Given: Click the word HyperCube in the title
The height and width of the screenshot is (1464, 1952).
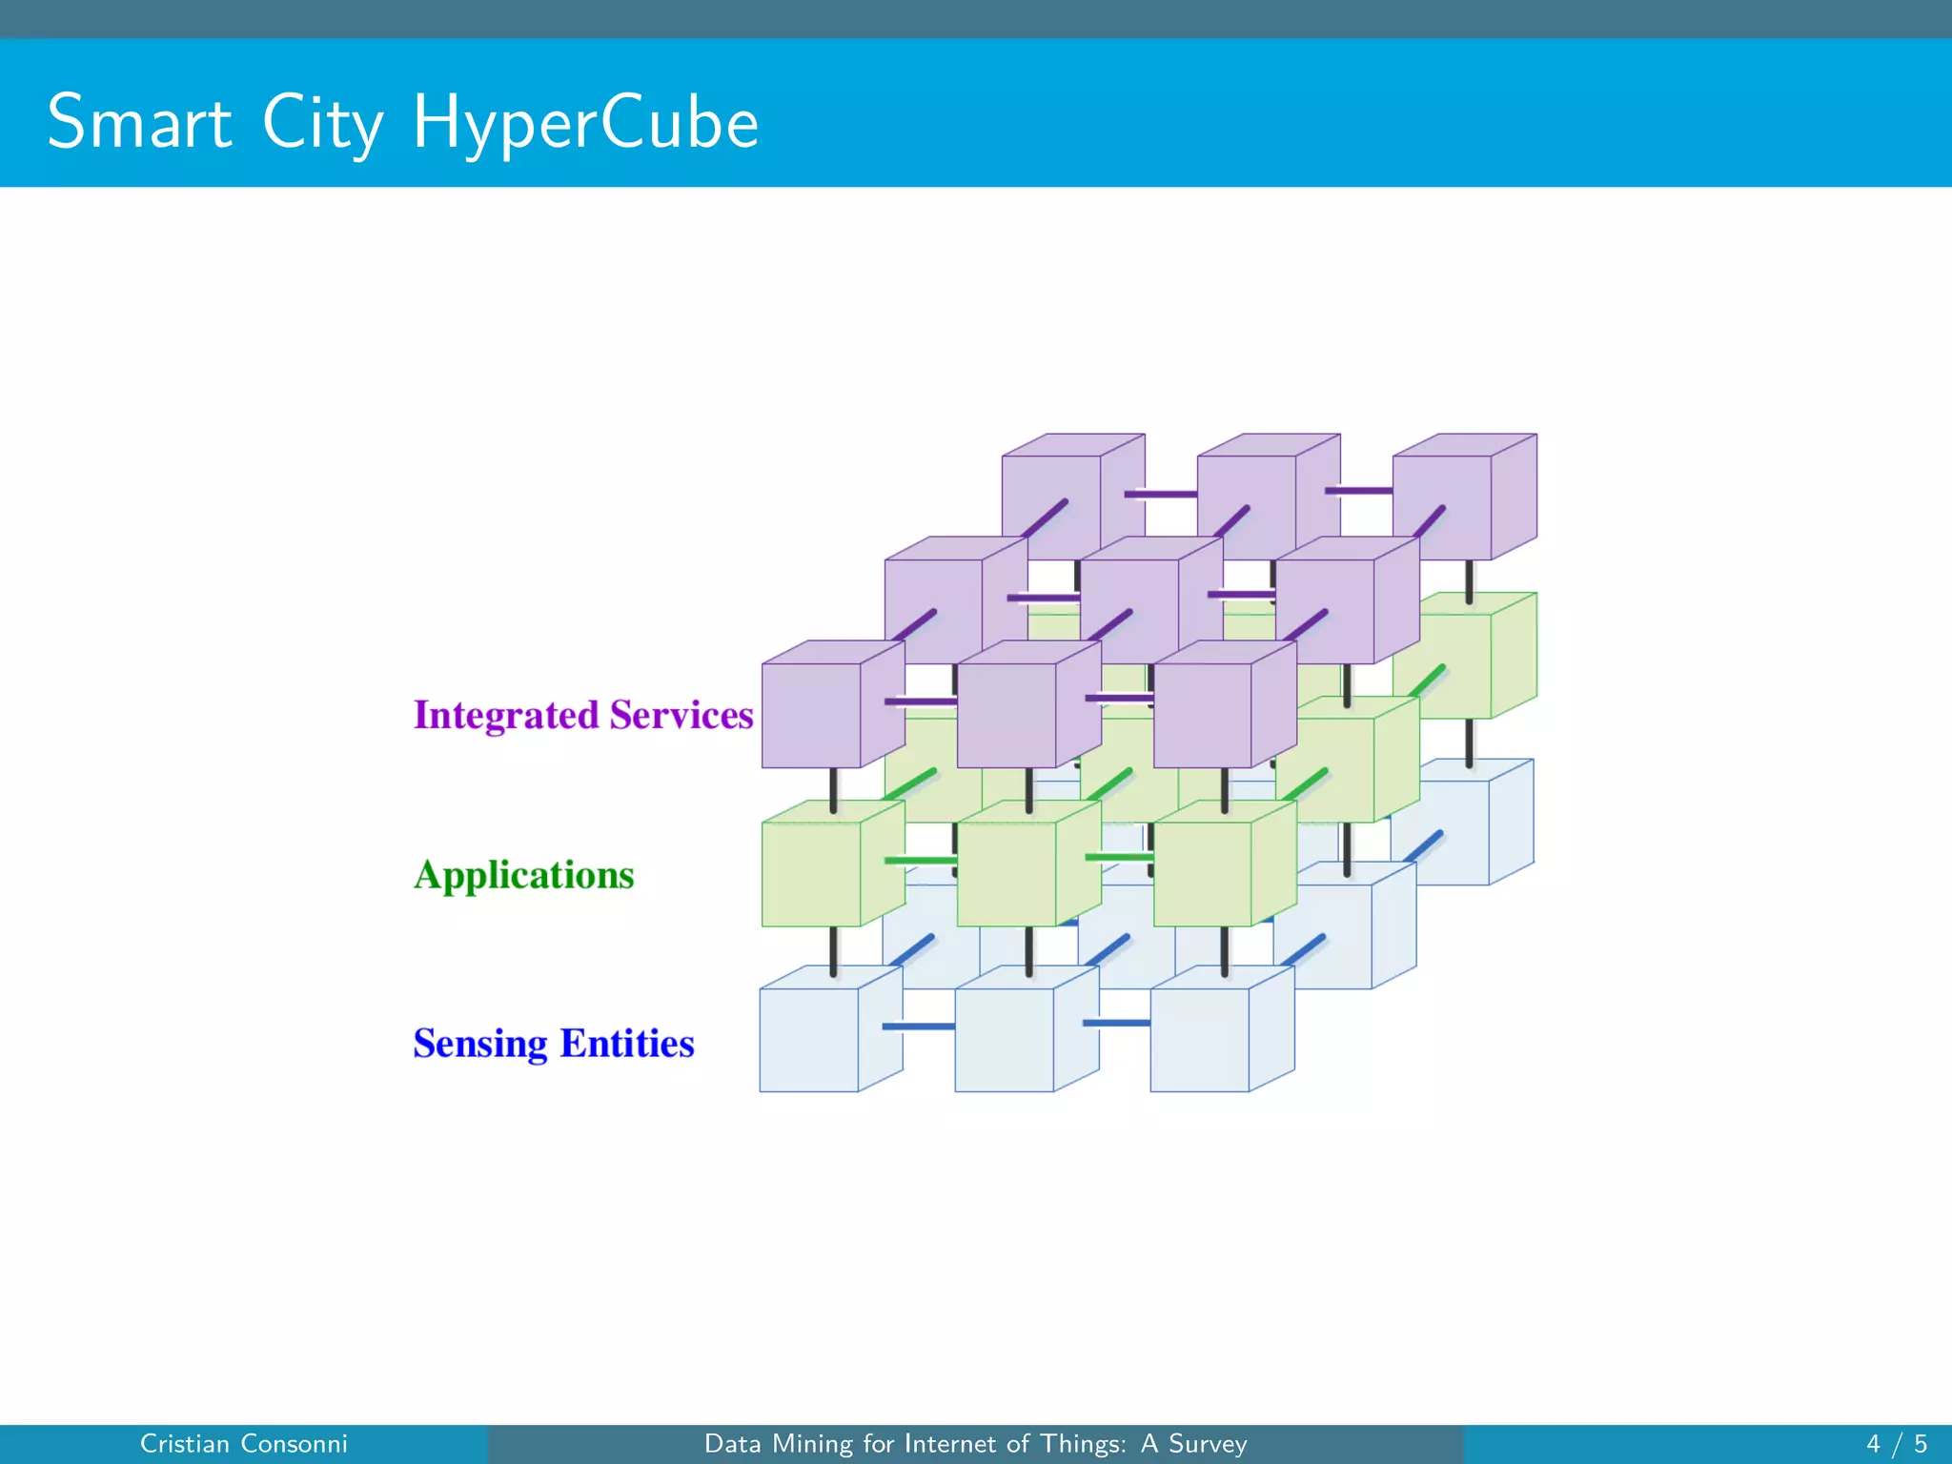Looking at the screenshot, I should click(585, 124).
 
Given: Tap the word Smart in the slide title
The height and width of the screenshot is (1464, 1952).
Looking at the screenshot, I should click(139, 122).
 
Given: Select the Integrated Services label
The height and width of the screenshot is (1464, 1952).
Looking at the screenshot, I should click(582, 715).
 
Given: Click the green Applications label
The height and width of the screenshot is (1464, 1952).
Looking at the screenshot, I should click(523, 875).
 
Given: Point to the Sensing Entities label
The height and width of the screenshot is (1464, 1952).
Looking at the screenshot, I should click(553, 1044).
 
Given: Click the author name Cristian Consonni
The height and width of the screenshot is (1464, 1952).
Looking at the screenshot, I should click(243, 1444).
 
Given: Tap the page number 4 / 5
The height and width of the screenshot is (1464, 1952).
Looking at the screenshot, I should click(1896, 1444).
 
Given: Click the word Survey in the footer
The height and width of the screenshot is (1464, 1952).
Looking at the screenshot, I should click(1208, 1444).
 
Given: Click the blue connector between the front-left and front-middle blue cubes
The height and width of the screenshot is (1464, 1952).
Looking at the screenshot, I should click(918, 1027).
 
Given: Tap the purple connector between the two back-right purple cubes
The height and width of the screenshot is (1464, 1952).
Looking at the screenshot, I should click(1358, 491).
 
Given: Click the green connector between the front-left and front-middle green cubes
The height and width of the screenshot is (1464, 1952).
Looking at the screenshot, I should click(920, 861).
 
